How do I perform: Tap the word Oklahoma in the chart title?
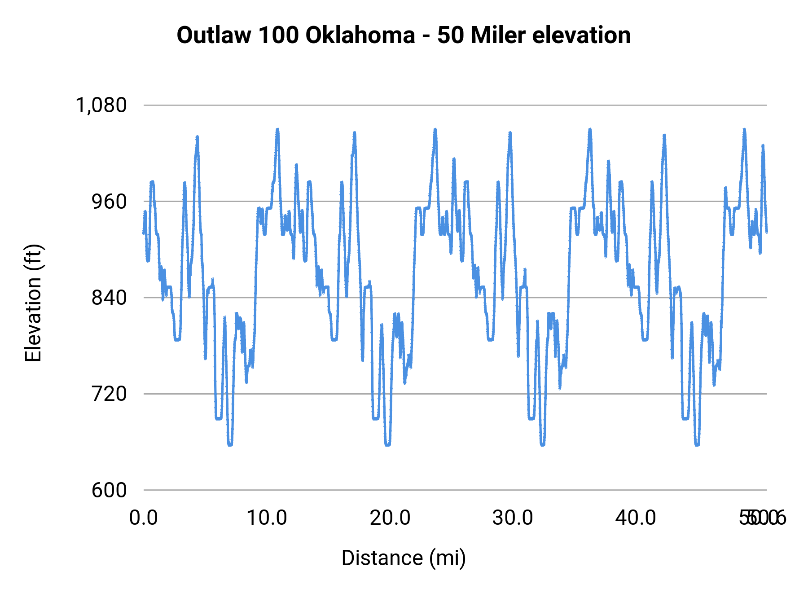click(x=360, y=35)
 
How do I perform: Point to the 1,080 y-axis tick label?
click(x=101, y=105)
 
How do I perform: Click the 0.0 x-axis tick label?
click(x=144, y=518)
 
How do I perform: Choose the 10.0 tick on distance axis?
click(x=267, y=518)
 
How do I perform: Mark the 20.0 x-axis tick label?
click(x=390, y=518)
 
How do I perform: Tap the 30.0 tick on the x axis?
click(x=513, y=518)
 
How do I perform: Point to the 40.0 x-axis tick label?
click(x=636, y=518)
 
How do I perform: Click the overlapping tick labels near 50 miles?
click(x=762, y=518)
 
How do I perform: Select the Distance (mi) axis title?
click(x=404, y=558)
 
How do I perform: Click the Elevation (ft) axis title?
click(x=33, y=303)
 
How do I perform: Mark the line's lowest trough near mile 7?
click(x=230, y=444)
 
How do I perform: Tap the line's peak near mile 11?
click(x=277, y=130)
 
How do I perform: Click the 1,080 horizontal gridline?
click(x=449, y=105)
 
